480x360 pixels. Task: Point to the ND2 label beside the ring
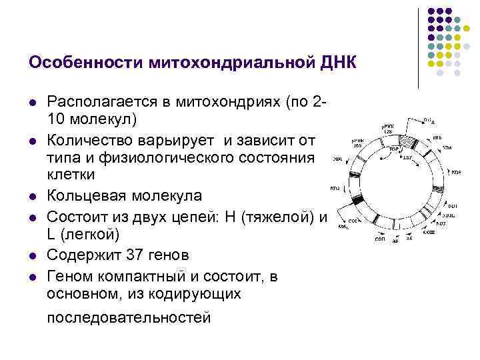[x=335, y=189]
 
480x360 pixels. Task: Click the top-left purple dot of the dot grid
[x=431, y=12]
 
